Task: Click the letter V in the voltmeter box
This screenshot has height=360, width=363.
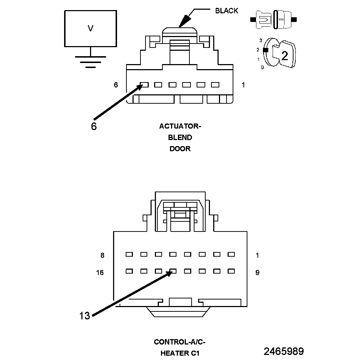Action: tap(90, 28)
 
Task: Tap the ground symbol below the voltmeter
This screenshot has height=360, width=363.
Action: tap(90, 62)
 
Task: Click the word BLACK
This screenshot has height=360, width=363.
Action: tap(227, 11)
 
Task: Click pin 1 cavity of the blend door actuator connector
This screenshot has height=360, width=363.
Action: tap(215, 85)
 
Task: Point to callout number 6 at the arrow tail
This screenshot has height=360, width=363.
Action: tap(94, 127)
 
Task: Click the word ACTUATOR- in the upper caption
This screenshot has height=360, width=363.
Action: tap(180, 126)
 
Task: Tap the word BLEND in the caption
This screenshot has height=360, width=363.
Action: tap(180, 138)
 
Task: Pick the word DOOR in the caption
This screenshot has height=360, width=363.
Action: tap(180, 149)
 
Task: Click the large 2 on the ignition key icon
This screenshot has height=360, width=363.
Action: tap(284, 56)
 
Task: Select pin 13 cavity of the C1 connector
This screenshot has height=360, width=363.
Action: tap(173, 271)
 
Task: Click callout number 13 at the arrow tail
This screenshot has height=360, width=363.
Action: tap(85, 316)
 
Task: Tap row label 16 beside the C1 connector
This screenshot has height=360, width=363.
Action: tap(100, 273)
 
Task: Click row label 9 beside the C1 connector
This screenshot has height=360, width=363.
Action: tap(257, 273)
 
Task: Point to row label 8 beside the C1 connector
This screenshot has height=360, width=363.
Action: tap(102, 256)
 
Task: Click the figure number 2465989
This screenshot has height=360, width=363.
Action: tap(283, 351)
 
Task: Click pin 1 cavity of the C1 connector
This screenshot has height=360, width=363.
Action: tap(231, 254)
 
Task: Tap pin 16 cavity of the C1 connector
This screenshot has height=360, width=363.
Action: tap(129, 271)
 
